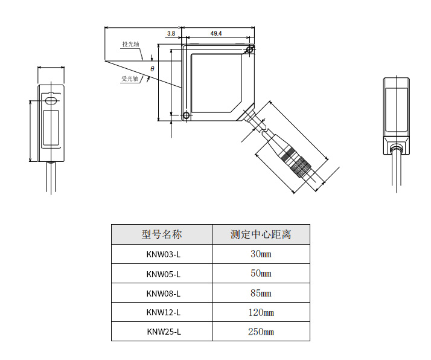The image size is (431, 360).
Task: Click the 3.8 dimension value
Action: [171, 34]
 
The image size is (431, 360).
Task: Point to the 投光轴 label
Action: [131, 44]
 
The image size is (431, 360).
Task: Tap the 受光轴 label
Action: [130, 79]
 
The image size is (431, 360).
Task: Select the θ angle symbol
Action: [152, 69]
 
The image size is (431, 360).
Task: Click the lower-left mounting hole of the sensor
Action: [186, 115]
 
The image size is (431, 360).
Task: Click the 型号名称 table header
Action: [162, 234]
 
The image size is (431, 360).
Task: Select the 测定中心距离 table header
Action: [261, 234]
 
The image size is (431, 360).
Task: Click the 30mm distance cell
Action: [261, 254]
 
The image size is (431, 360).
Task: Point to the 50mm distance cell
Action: [261, 274]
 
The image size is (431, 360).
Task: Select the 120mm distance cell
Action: [261, 312]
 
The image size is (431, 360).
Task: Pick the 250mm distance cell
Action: [261, 332]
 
